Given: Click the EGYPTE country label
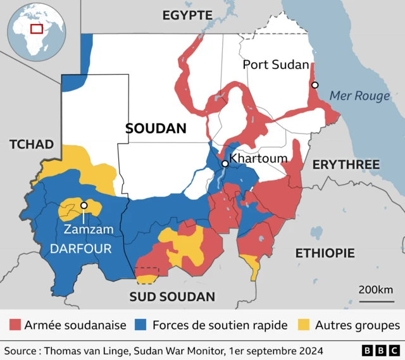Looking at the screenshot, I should pyautogui.click(x=187, y=15).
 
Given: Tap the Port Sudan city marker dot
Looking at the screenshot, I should pyautogui.click(x=315, y=85).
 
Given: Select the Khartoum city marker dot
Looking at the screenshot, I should pyautogui.click(x=225, y=164).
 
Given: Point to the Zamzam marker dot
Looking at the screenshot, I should pyautogui.click(x=84, y=206).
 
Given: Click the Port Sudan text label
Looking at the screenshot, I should pyautogui.click(x=276, y=65).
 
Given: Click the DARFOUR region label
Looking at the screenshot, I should pyautogui.click(x=80, y=249).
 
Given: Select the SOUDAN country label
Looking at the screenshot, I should pyautogui.click(x=156, y=128).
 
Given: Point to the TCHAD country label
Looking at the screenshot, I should pyautogui.click(x=32, y=144).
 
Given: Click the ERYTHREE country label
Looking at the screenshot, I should pyautogui.click(x=346, y=164).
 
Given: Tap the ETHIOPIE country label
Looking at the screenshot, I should pyautogui.click(x=325, y=253).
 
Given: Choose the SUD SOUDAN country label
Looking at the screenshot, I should pyautogui.click(x=172, y=296).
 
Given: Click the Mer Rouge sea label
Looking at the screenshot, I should pyautogui.click(x=359, y=96).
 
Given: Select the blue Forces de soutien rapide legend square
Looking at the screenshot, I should pyautogui.click(x=142, y=325).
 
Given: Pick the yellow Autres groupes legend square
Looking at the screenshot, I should pyautogui.click(x=304, y=325).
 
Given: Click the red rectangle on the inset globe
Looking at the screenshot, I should pyautogui.click(x=37, y=28).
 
